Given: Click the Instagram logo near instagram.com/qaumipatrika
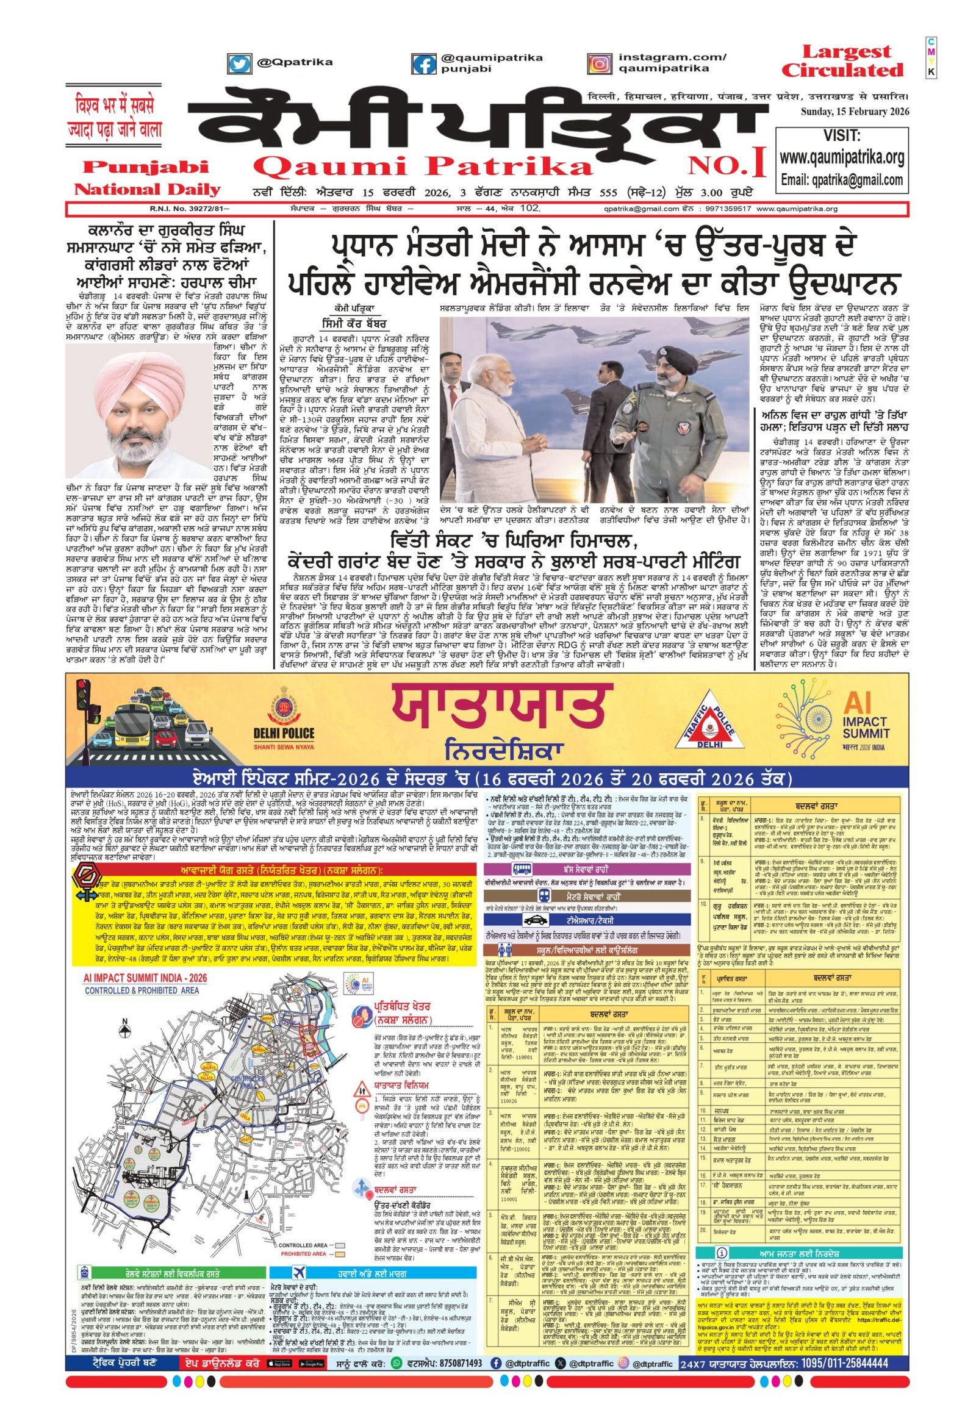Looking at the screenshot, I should pyautogui.click(x=600, y=63).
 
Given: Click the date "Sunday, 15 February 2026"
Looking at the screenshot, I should pyautogui.click(x=855, y=111).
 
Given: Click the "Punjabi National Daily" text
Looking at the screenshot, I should pyautogui.click(x=147, y=178).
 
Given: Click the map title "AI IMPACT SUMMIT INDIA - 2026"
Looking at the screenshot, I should pyautogui.click(x=145, y=978).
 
